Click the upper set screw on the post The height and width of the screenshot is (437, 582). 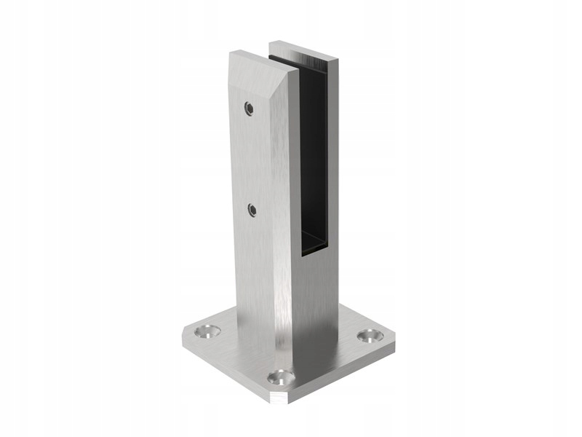[250, 109]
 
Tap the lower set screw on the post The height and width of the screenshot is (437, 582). [252, 210]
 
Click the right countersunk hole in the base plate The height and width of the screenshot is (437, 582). [370, 336]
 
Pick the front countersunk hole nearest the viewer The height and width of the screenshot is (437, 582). [280, 377]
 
